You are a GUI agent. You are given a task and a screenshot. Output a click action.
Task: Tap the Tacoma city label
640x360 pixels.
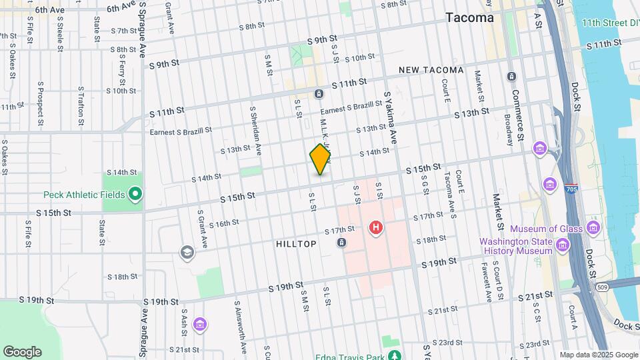click(x=470, y=18)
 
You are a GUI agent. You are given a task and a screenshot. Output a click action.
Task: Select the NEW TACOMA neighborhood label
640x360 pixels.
click(x=431, y=70)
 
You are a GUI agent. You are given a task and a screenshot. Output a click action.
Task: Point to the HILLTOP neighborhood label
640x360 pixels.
click(x=296, y=245)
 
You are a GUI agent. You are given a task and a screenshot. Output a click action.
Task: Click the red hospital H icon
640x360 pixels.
click(x=377, y=229)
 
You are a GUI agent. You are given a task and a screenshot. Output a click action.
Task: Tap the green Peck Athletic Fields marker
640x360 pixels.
click(x=135, y=195)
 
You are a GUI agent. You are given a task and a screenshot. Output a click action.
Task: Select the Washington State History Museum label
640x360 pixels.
click(x=516, y=246)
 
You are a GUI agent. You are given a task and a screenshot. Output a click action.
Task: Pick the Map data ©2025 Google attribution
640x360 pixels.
click(x=598, y=355)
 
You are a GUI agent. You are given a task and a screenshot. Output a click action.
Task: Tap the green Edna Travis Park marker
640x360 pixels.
click(x=395, y=355)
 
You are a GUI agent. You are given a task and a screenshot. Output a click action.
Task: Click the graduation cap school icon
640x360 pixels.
click(x=187, y=252)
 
